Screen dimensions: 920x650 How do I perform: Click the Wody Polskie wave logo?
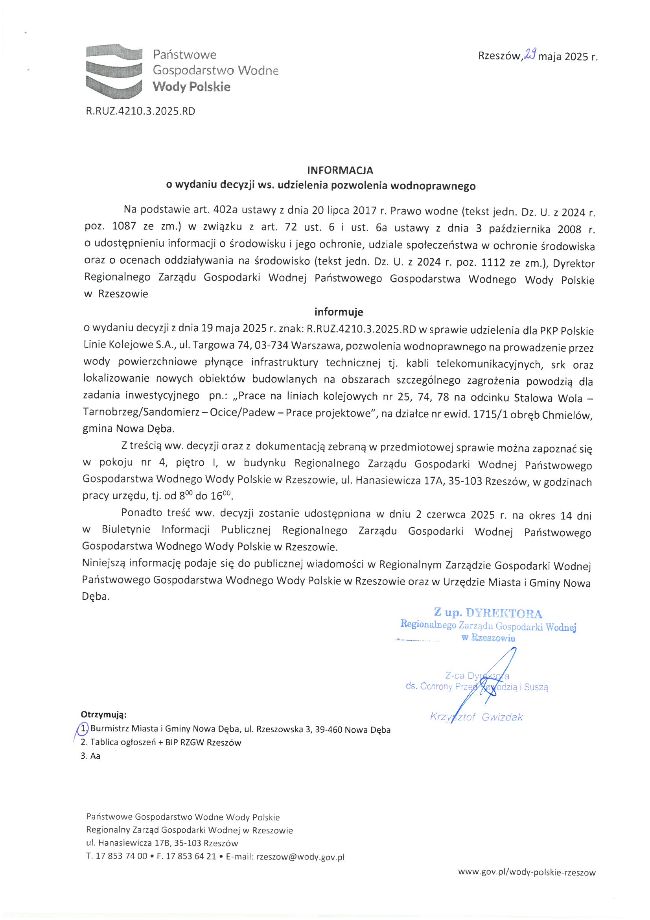pos(114,71)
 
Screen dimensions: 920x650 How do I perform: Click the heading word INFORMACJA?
pos(340,170)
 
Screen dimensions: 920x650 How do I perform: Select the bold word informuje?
pos(339,312)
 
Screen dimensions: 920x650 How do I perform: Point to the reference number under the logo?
pos(140,111)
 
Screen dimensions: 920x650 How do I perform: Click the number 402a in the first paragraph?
pos(225,210)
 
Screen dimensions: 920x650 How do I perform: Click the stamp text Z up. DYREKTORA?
pos(488,613)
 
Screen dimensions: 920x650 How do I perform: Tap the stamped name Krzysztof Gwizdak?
pos(476,717)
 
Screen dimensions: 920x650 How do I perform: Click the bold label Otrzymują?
pos(104,715)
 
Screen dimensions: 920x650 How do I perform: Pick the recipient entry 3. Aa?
pos(90,756)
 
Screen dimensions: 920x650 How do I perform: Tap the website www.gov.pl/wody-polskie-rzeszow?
pos(527,872)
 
